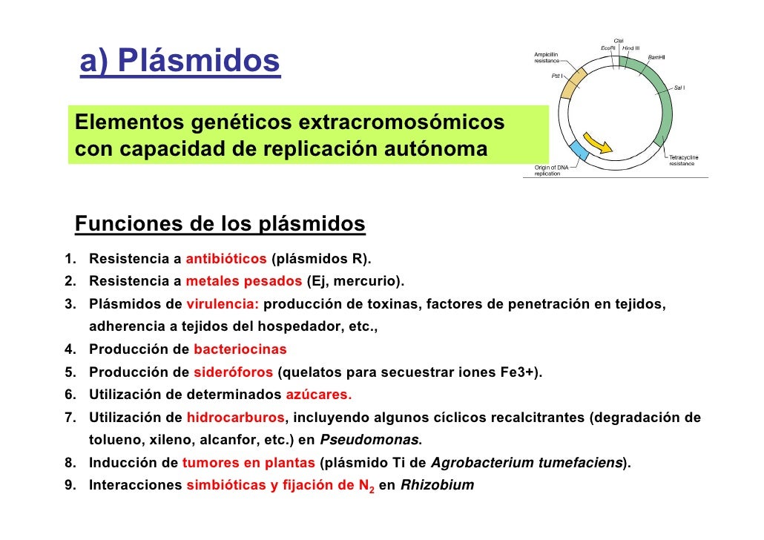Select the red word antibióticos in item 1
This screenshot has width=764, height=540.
226,260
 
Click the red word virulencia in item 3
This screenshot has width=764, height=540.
223,304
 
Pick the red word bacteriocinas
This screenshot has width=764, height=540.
240,349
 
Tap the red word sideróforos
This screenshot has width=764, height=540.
234,372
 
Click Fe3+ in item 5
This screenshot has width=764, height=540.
518,372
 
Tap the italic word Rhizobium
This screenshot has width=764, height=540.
437,487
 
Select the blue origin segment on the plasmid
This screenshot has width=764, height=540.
579,152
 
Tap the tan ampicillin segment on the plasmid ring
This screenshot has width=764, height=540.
572,82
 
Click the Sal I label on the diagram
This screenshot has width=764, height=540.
679,88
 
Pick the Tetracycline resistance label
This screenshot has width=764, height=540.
683,160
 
